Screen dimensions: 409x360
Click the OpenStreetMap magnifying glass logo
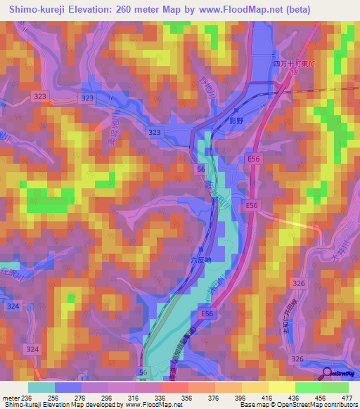(327, 374)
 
